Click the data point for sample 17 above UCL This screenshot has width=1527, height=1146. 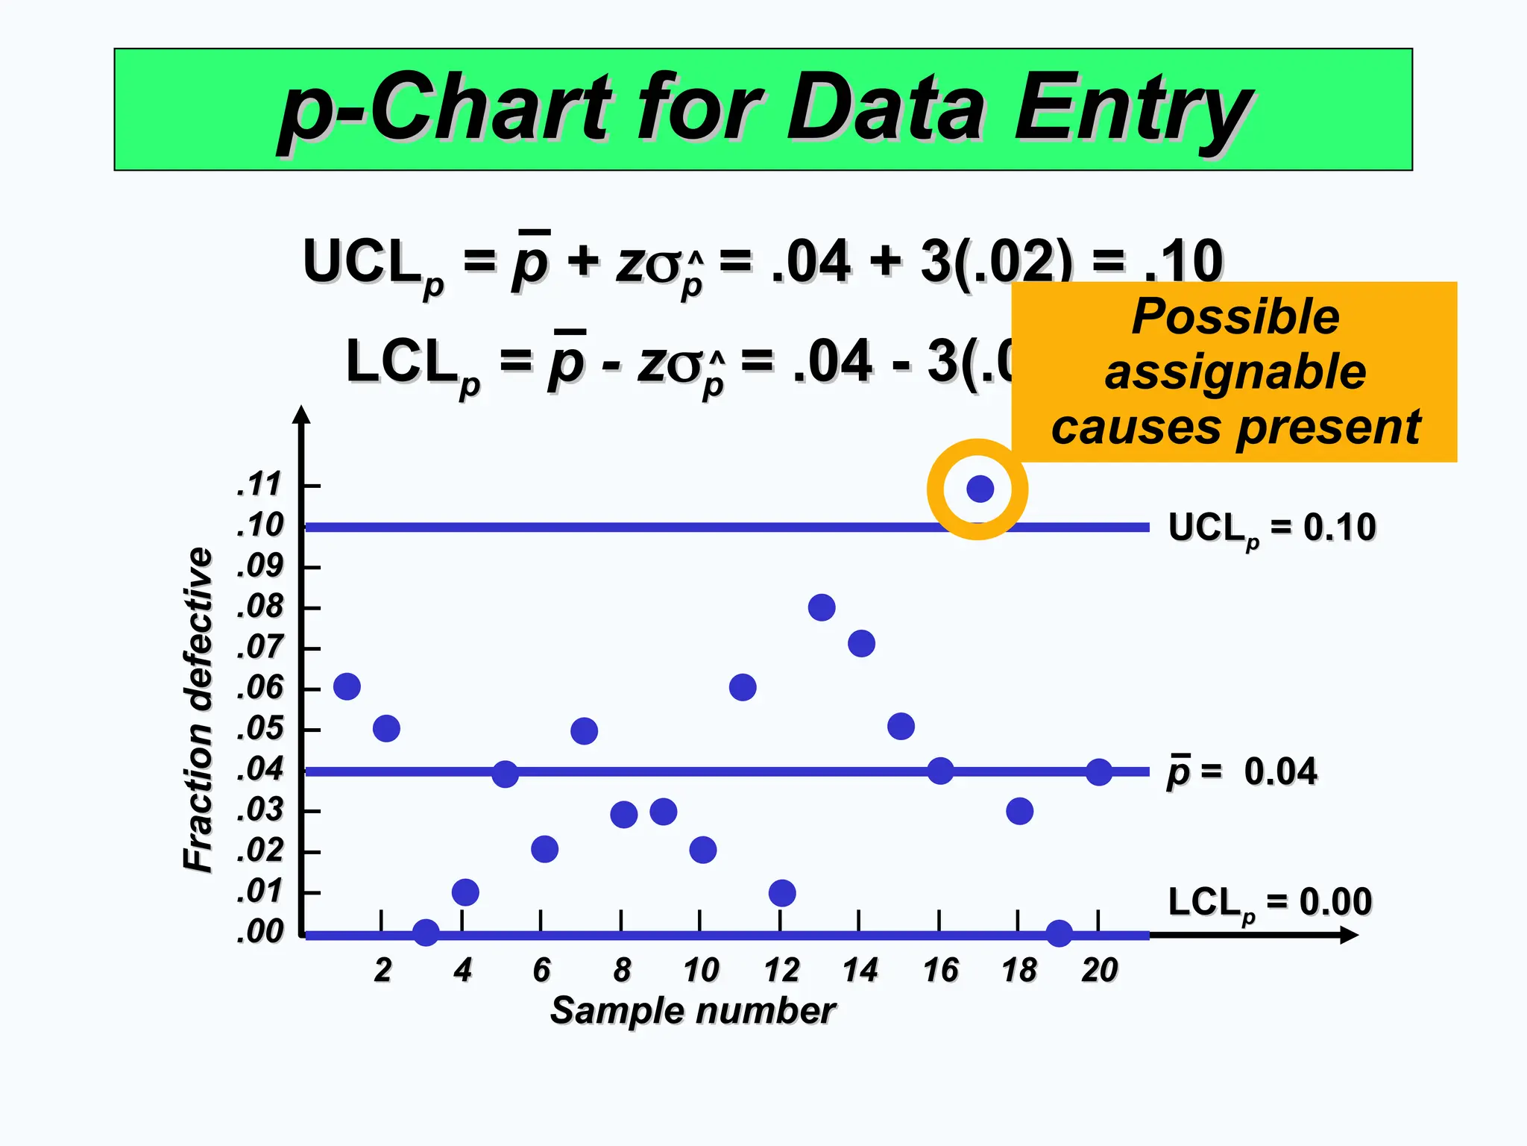[x=980, y=489]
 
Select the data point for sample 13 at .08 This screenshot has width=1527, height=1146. [x=821, y=607]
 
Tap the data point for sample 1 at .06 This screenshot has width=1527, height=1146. [x=347, y=686]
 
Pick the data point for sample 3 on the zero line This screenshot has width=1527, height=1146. [x=426, y=932]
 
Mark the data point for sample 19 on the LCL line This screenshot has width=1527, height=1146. [x=1059, y=933]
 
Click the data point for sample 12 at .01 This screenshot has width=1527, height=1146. [x=781, y=892]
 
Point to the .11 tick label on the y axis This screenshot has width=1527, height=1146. [x=259, y=485]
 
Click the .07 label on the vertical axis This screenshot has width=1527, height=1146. [x=260, y=647]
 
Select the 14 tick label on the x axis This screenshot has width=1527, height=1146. [x=860, y=971]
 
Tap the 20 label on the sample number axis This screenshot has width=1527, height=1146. [x=1099, y=971]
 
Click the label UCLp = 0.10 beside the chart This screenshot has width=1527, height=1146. [x=1271, y=528]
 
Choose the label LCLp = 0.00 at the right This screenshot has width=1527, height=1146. [x=1269, y=903]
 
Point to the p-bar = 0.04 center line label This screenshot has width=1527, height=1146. [x=1242, y=771]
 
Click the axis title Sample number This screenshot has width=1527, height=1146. [x=693, y=1011]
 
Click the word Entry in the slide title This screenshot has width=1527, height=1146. [x=1133, y=108]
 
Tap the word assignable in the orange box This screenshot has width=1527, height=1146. [x=1235, y=372]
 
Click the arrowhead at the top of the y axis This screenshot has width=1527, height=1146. [x=301, y=415]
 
